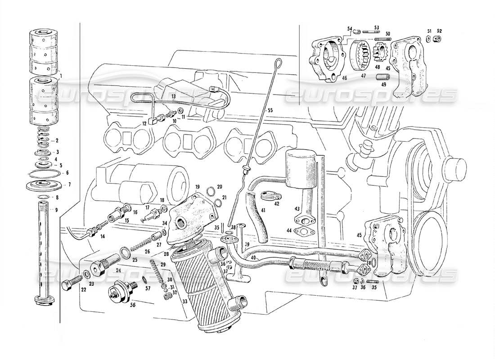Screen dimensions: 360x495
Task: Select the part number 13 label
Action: (173, 96)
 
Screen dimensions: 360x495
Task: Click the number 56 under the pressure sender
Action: (119, 304)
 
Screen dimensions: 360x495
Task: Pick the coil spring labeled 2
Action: (44, 134)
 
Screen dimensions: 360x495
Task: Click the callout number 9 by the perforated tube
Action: (56, 210)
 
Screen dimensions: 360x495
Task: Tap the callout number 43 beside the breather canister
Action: (297, 209)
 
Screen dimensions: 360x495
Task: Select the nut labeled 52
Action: (436, 39)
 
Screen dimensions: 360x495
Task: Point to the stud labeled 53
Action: (374, 32)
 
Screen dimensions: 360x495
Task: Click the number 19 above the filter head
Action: (197, 186)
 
